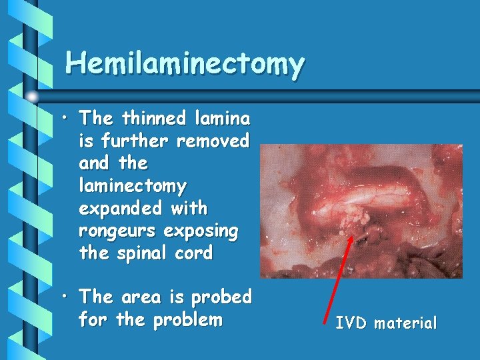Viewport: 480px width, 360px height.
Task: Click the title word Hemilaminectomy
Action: [x=185, y=64]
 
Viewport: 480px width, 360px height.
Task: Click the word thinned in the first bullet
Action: [x=152, y=119]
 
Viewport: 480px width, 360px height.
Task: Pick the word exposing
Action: [x=201, y=231]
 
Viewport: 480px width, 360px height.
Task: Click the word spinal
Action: [x=147, y=253]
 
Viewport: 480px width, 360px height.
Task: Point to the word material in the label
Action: [x=406, y=324]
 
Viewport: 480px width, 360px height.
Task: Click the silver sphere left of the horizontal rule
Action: [x=32, y=97]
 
